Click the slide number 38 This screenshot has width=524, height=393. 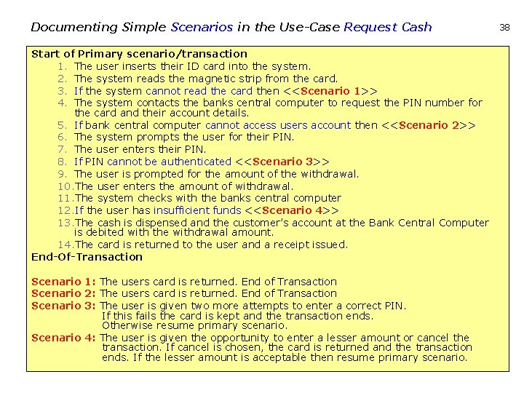[505, 27]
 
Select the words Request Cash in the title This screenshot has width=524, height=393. [388, 28]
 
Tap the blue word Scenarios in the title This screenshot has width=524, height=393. [202, 28]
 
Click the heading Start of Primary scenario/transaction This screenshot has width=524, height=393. [139, 54]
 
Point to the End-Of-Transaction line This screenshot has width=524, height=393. [87, 257]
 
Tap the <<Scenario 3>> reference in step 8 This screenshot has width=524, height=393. [282, 162]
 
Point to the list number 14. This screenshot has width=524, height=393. [65, 245]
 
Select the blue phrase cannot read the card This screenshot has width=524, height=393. [199, 91]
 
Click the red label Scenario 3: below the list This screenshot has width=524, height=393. [64, 306]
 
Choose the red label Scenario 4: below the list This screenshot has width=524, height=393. [64, 338]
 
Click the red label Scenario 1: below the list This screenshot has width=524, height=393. [64, 282]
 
